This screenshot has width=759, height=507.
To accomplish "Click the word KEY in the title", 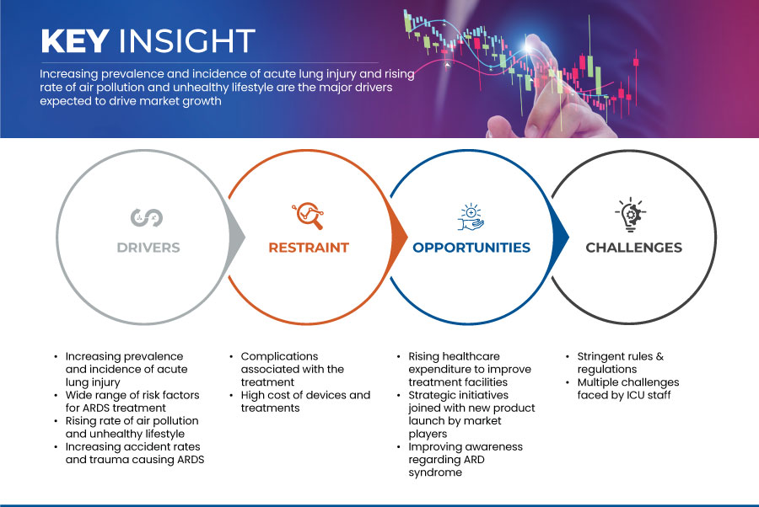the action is tap(74, 40).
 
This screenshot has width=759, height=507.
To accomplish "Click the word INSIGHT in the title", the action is tap(187, 40).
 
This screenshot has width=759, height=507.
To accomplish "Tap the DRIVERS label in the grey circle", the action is tap(148, 248).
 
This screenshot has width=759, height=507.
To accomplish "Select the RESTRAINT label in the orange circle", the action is tap(309, 248).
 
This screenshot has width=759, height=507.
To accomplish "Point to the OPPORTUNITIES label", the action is tap(471, 248).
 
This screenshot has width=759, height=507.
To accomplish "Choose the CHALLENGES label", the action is tap(633, 248).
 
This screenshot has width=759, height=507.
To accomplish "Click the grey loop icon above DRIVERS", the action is tap(147, 217).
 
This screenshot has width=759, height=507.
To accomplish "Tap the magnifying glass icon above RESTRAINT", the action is tap(308, 216).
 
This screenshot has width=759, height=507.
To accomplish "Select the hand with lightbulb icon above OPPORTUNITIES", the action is tap(471, 216).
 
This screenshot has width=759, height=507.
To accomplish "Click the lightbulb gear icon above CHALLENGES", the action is tap(631, 215).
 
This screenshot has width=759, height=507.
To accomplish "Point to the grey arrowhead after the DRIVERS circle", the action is tap(236, 237).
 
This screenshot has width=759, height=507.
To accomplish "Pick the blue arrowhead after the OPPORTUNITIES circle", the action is tap(560, 237).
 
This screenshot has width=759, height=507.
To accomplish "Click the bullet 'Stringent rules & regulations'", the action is tap(621, 362).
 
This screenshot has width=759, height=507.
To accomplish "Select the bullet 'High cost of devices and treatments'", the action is tap(305, 401).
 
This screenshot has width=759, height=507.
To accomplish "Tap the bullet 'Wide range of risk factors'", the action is tap(132, 401).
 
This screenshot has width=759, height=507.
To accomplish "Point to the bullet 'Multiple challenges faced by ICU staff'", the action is tap(627, 388).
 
